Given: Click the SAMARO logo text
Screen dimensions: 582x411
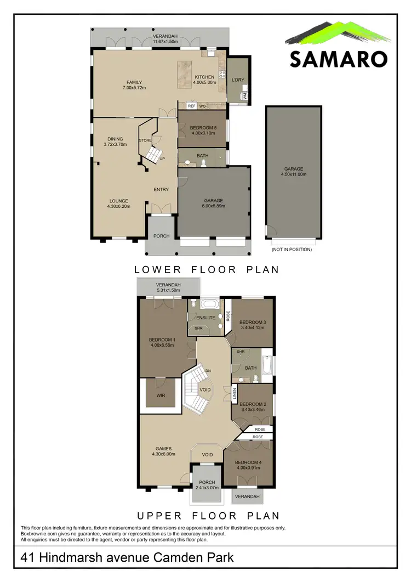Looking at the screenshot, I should [339, 59].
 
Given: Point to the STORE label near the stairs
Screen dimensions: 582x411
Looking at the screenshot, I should [145, 141].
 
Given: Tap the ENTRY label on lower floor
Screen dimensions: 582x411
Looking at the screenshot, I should [161, 190].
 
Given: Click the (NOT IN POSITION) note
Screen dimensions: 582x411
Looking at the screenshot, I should [292, 250].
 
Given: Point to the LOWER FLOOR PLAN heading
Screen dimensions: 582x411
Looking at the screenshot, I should [207, 269].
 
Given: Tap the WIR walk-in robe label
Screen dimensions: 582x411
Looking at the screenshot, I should [160, 395].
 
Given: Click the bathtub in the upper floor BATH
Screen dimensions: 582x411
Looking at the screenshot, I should [267, 365].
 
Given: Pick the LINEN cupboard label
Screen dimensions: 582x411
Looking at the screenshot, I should [234, 393].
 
